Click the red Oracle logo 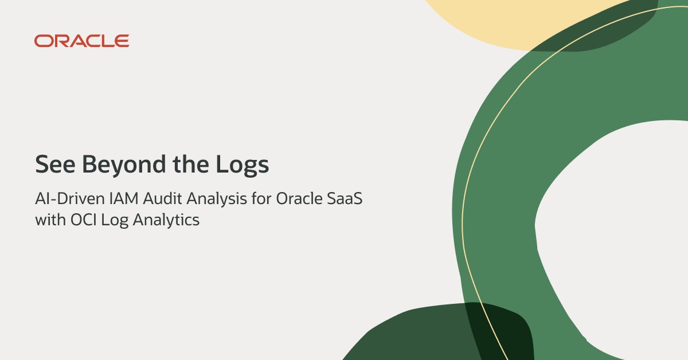(81, 41)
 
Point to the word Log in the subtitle (112, 220)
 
